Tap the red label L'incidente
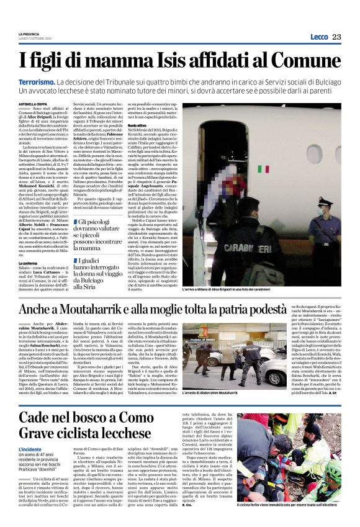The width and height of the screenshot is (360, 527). tap(30, 448)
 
